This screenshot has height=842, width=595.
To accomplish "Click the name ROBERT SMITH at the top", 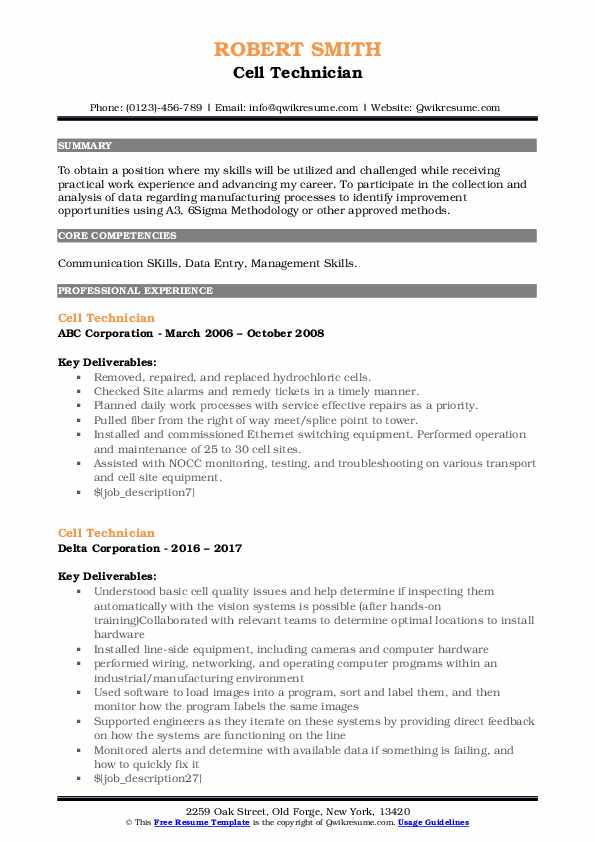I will [x=297, y=49].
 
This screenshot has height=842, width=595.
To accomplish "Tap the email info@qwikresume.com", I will [x=291, y=108].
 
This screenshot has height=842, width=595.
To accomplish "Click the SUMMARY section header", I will [x=85, y=145].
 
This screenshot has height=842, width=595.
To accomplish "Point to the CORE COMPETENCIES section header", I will [x=117, y=236].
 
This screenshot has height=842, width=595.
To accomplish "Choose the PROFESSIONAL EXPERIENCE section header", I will [x=135, y=291].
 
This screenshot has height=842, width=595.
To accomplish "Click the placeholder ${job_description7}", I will [x=145, y=493].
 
